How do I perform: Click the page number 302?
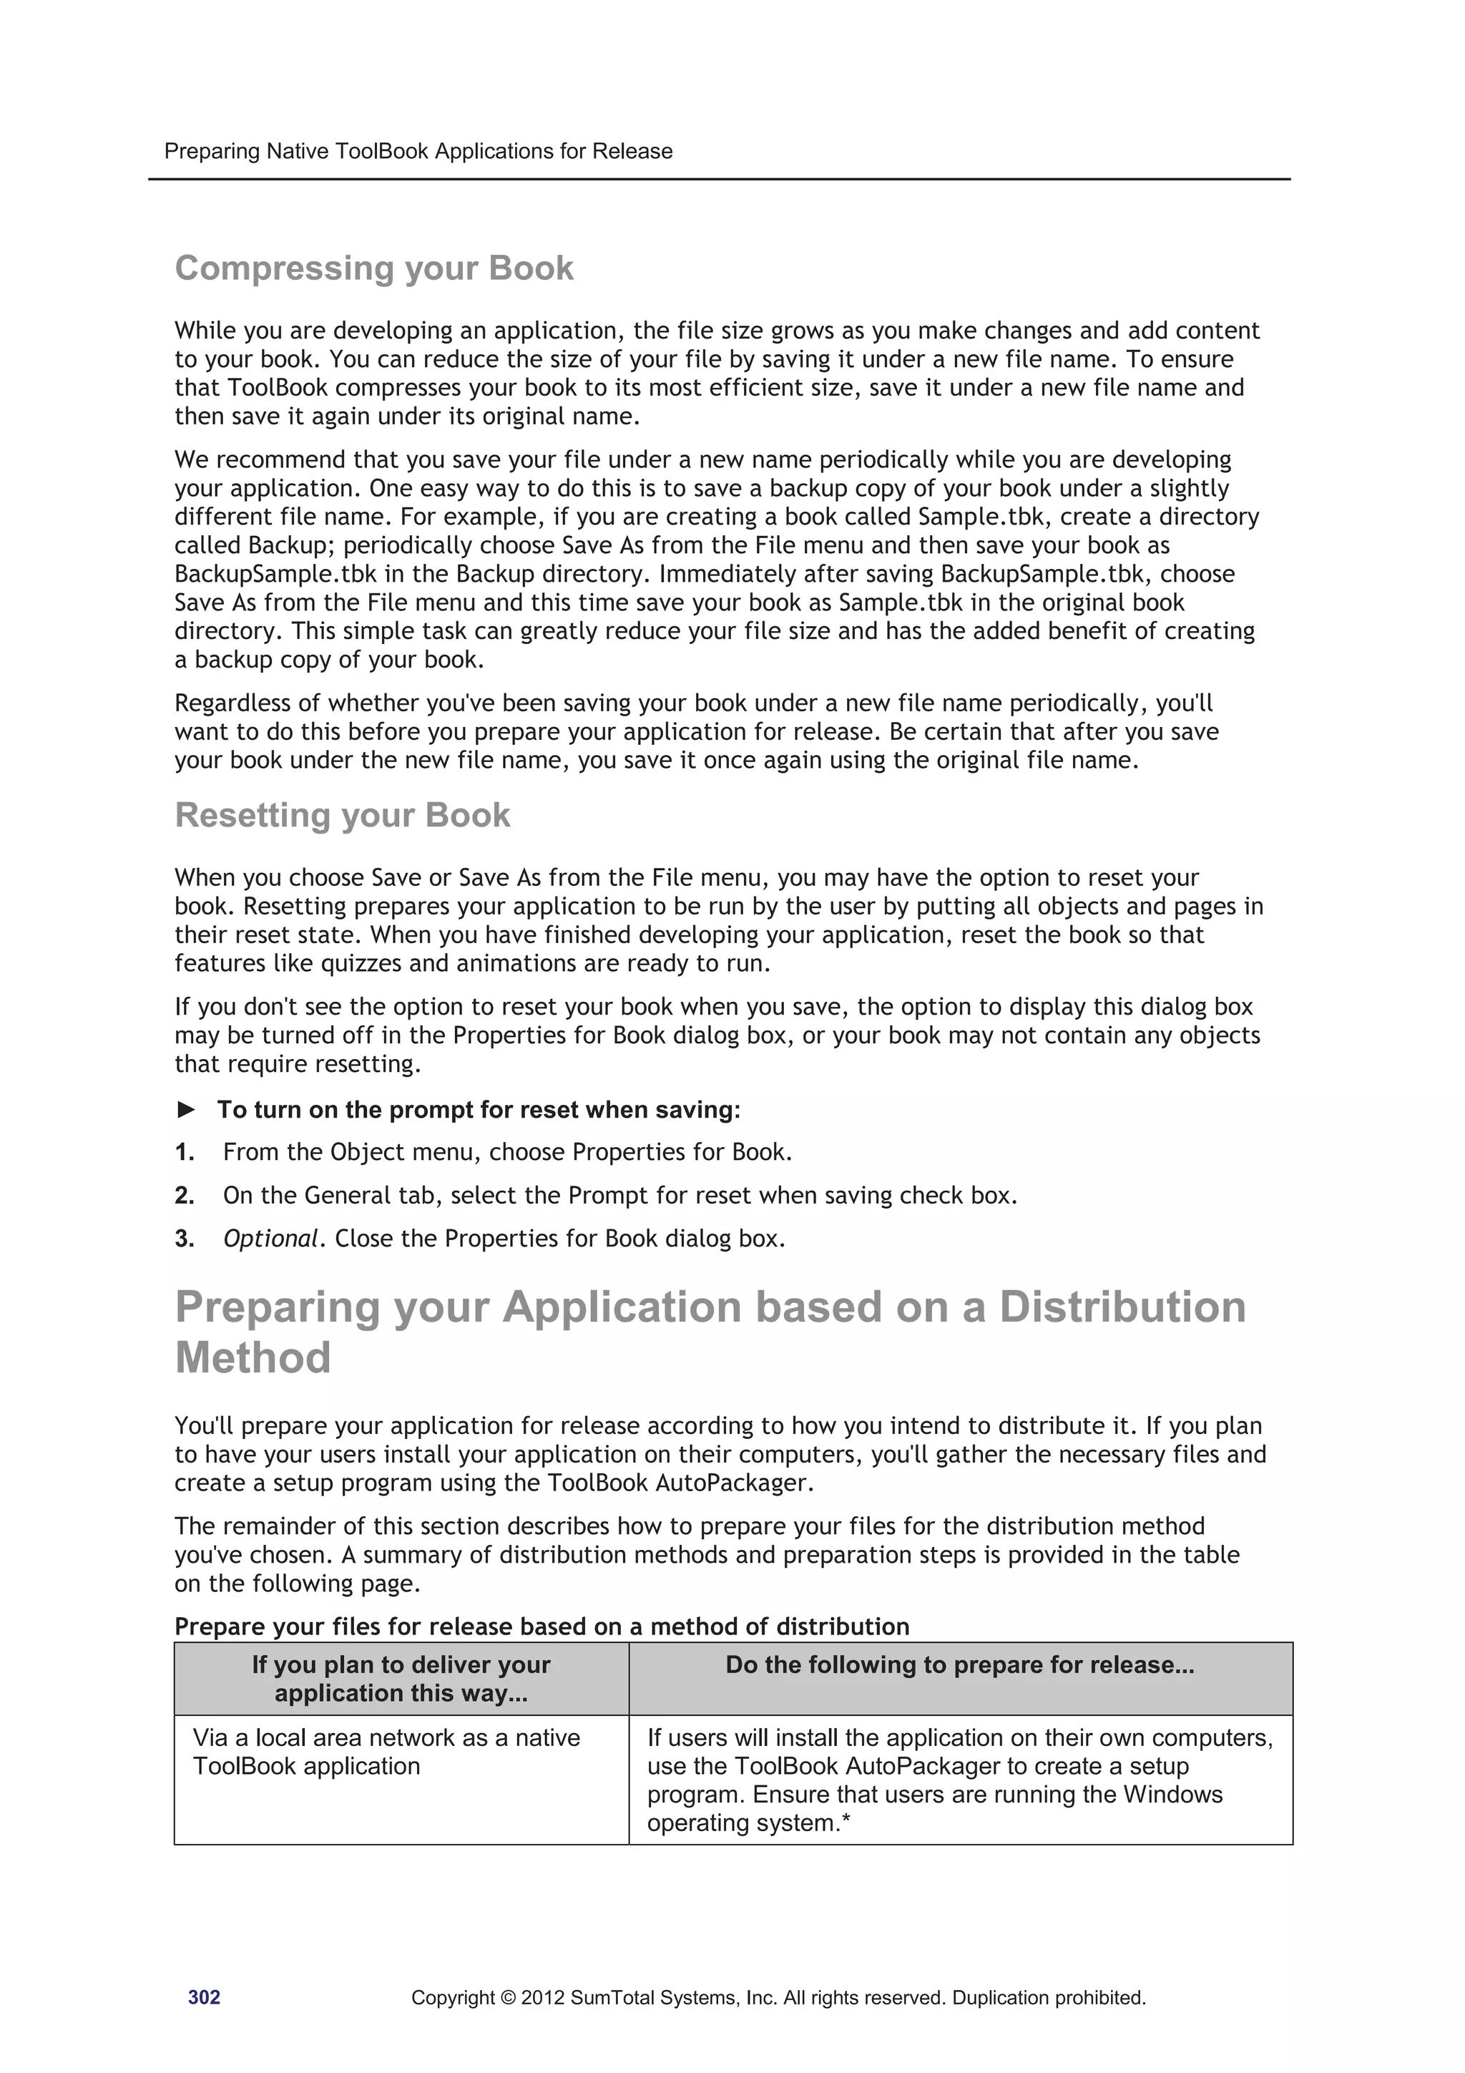coord(204,1997)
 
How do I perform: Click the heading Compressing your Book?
coord(373,268)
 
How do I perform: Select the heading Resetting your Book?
coord(342,815)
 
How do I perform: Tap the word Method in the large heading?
coord(253,1358)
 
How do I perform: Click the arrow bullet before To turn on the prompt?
coord(186,1110)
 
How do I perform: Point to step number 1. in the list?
coord(184,1153)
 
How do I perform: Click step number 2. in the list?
coord(184,1196)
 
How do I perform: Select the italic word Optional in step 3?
coord(270,1239)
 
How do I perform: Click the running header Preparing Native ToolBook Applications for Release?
coord(418,151)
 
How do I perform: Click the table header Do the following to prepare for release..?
coord(959,1665)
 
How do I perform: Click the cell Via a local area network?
coord(386,1752)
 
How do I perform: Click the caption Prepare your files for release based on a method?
coord(542,1627)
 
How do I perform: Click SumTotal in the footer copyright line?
coord(610,1998)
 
